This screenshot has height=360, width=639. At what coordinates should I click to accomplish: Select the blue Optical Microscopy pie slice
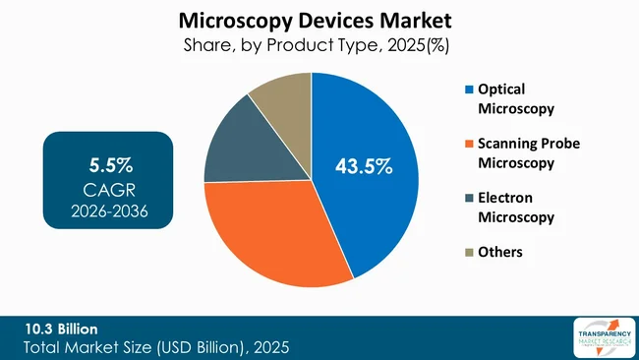[374, 197]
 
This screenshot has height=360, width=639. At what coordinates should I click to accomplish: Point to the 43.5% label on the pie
[364, 167]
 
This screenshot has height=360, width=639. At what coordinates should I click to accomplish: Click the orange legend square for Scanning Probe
[467, 145]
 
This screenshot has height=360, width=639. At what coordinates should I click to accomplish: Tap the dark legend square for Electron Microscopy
[467, 199]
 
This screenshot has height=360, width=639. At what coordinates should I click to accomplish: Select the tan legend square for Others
[467, 253]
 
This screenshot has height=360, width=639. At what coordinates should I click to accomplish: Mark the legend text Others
[500, 253]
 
